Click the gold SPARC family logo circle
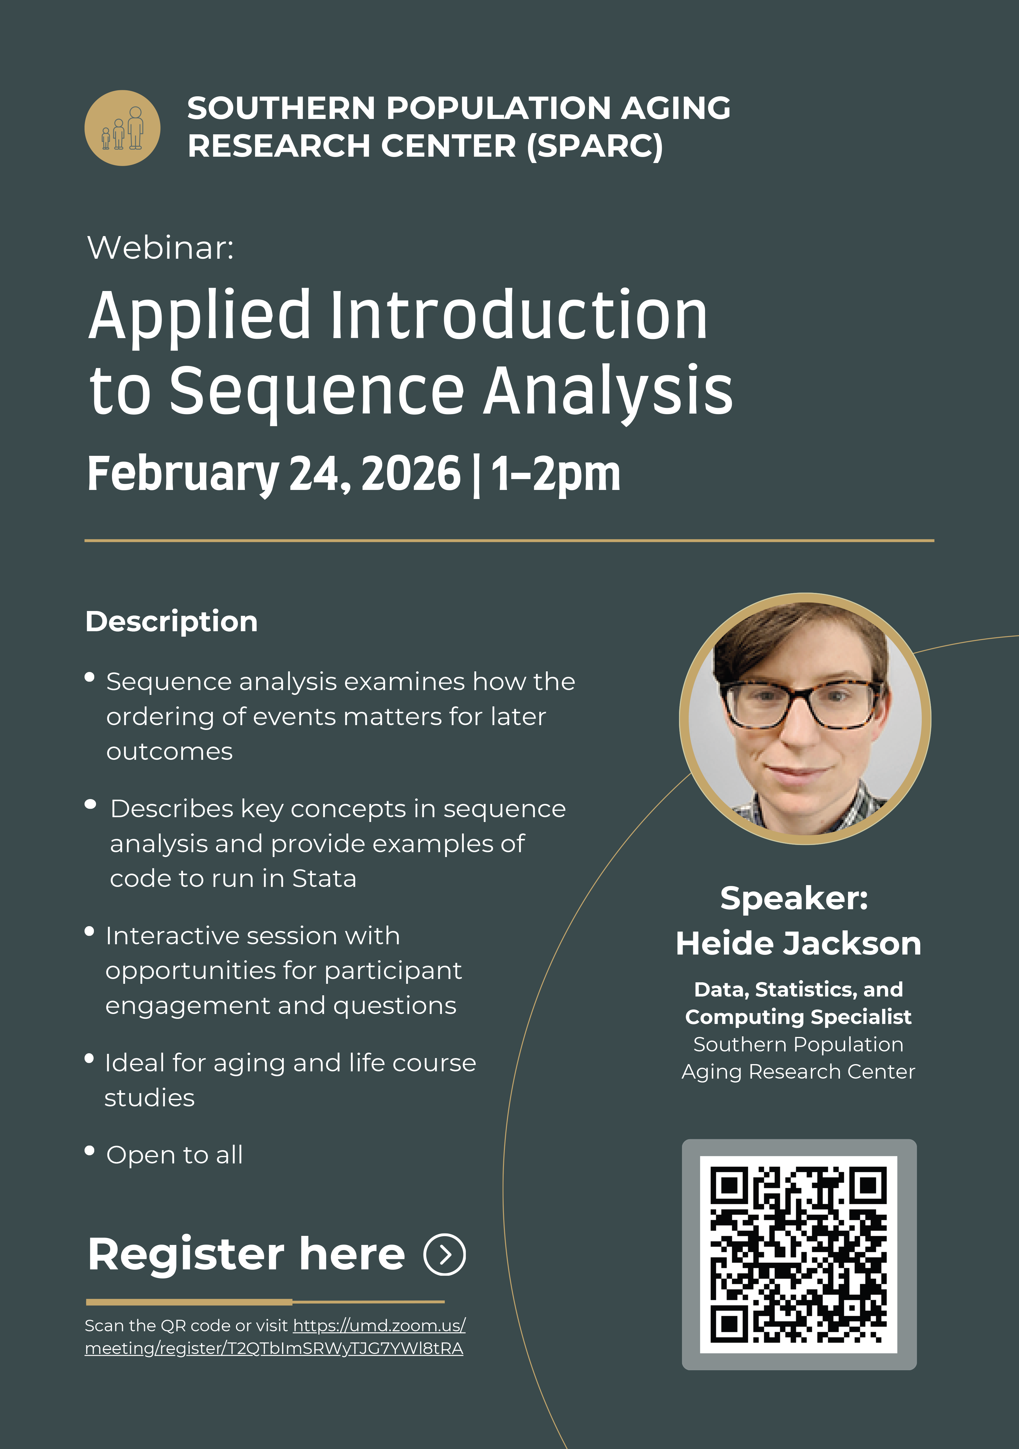point(123,128)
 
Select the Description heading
point(172,622)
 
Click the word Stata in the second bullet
point(324,878)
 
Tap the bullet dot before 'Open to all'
point(90,1150)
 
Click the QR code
point(799,1255)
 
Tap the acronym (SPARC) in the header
point(595,146)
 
